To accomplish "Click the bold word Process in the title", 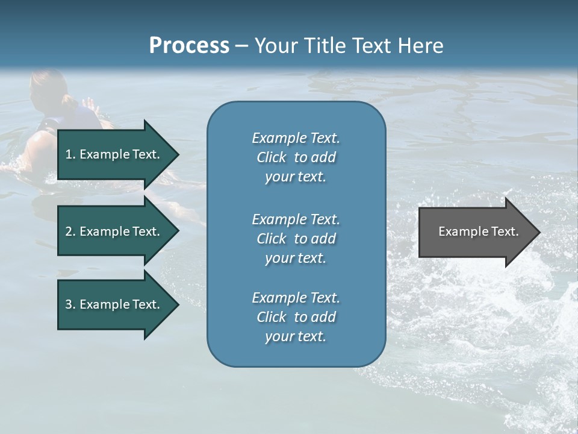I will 189,46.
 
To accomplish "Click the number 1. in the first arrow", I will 70,154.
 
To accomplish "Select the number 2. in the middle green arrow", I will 70,231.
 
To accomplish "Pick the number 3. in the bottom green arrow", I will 70,304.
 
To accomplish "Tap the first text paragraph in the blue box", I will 296,157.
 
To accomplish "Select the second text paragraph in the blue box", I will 296,239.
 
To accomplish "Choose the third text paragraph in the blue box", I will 296,317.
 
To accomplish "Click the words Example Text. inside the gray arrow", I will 478,231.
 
